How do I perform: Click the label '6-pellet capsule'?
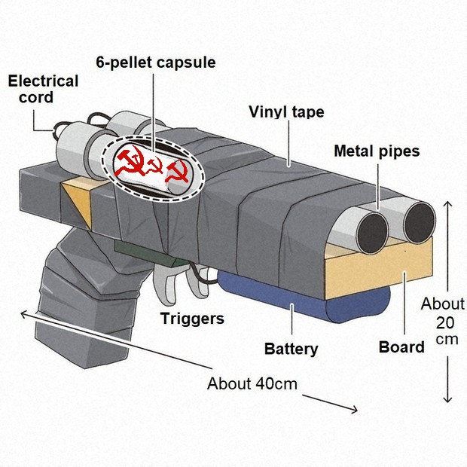point(156,63)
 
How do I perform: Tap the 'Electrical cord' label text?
point(43,89)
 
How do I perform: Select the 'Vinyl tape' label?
point(286,112)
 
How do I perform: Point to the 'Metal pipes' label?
point(377,151)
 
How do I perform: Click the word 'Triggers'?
point(192,319)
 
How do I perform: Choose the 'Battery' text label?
point(291,349)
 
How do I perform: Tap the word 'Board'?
point(401,347)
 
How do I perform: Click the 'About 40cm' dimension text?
point(252,383)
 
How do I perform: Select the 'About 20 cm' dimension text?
point(443,322)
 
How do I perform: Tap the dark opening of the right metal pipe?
point(420,222)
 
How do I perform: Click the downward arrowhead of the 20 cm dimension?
point(448,400)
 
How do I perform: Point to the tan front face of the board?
point(378,271)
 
